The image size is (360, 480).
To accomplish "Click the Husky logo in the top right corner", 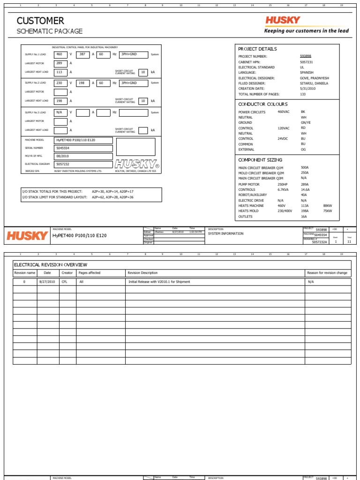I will (x=283, y=20).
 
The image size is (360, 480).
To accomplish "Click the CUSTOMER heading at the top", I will (x=40, y=21).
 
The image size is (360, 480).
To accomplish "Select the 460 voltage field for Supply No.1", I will (x=60, y=54).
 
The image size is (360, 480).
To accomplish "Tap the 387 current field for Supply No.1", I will (x=82, y=54).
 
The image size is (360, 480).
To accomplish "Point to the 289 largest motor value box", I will (x=60, y=63).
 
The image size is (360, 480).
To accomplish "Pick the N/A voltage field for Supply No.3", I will (x=60, y=112).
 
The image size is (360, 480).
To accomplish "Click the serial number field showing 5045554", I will (x=83, y=148).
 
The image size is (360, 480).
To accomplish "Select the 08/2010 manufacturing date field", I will (x=83, y=157).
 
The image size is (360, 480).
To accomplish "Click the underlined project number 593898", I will (x=306, y=56).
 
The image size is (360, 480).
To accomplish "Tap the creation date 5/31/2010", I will (x=308, y=89).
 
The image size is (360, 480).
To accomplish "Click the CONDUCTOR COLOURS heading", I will (x=263, y=104).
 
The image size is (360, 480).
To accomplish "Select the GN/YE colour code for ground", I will (x=306, y=123).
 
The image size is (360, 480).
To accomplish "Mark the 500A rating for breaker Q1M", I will (x=305, y=167).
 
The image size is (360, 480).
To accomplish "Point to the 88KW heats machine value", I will (x=327, y=206).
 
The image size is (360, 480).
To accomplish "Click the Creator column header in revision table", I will (x=67, y=273).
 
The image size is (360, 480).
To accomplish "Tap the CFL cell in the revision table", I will (x=65, y=282).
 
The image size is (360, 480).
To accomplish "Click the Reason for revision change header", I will (x=327, y=273).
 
